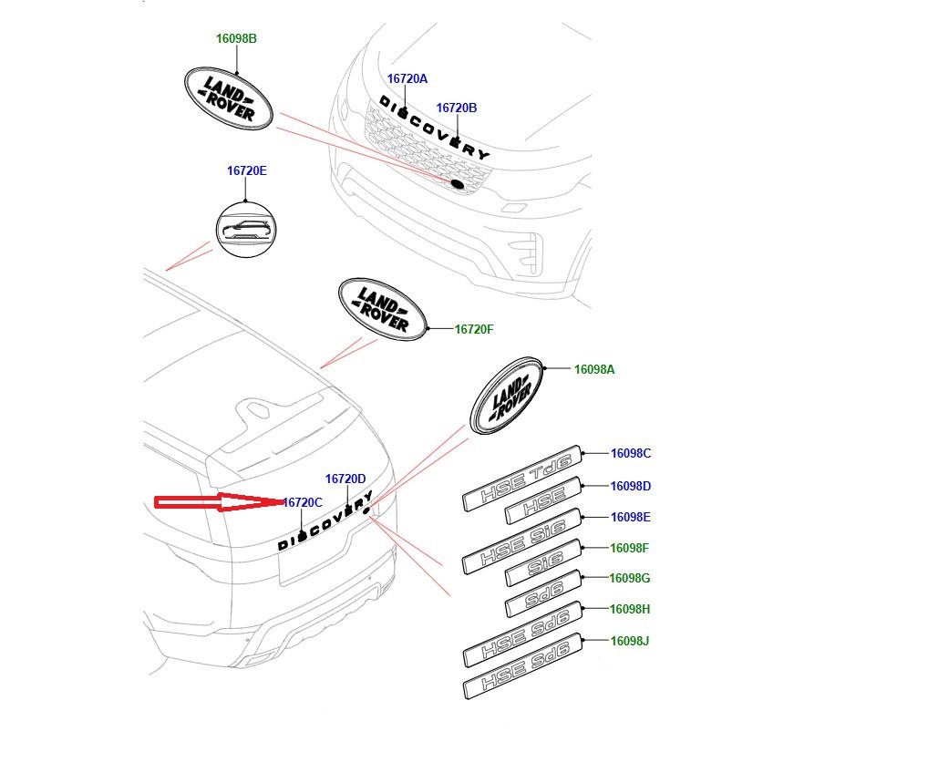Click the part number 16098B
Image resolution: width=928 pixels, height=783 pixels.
pyautogui.click(x=236, y=39)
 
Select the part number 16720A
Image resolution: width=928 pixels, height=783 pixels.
pyautogui.click(x=407, y=79)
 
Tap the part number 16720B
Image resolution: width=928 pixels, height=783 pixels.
pyautogui.click(x=456, y=108)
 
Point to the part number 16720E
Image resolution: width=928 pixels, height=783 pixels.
pyautogui.click(x=246, y=171)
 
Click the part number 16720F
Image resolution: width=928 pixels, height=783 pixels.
pyautogui.click(x=474, y=329)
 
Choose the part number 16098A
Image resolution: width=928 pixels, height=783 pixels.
pyautogui.click(x=593, y=369)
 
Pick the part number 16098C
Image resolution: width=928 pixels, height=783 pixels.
pyautogui.click(x=630, y=453)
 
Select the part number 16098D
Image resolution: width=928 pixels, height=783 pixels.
pyautogui.click(x=630, y=486)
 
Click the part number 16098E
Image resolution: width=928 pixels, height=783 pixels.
pyautogui.click(x=630, y=517)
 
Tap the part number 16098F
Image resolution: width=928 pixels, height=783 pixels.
pyautogui.click(x=629, y=548)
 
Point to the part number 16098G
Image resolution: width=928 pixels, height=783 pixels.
pyautogui.click(x=630, y=578)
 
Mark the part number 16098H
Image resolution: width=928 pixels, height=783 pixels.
pyautogui.click(x=630, y=609)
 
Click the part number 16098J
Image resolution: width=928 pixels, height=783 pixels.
pyautogui.click(x=629, y=641)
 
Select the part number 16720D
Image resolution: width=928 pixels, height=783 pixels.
pyautogui.click(x=345, y=479)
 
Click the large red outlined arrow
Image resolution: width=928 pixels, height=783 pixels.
pyautogui.click(x=219, y=501)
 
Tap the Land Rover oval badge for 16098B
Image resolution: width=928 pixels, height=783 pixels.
pyautogui.click(x=229, y=97)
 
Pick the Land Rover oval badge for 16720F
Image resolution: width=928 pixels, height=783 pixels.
pyautogui.click(x=382, y=309)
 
